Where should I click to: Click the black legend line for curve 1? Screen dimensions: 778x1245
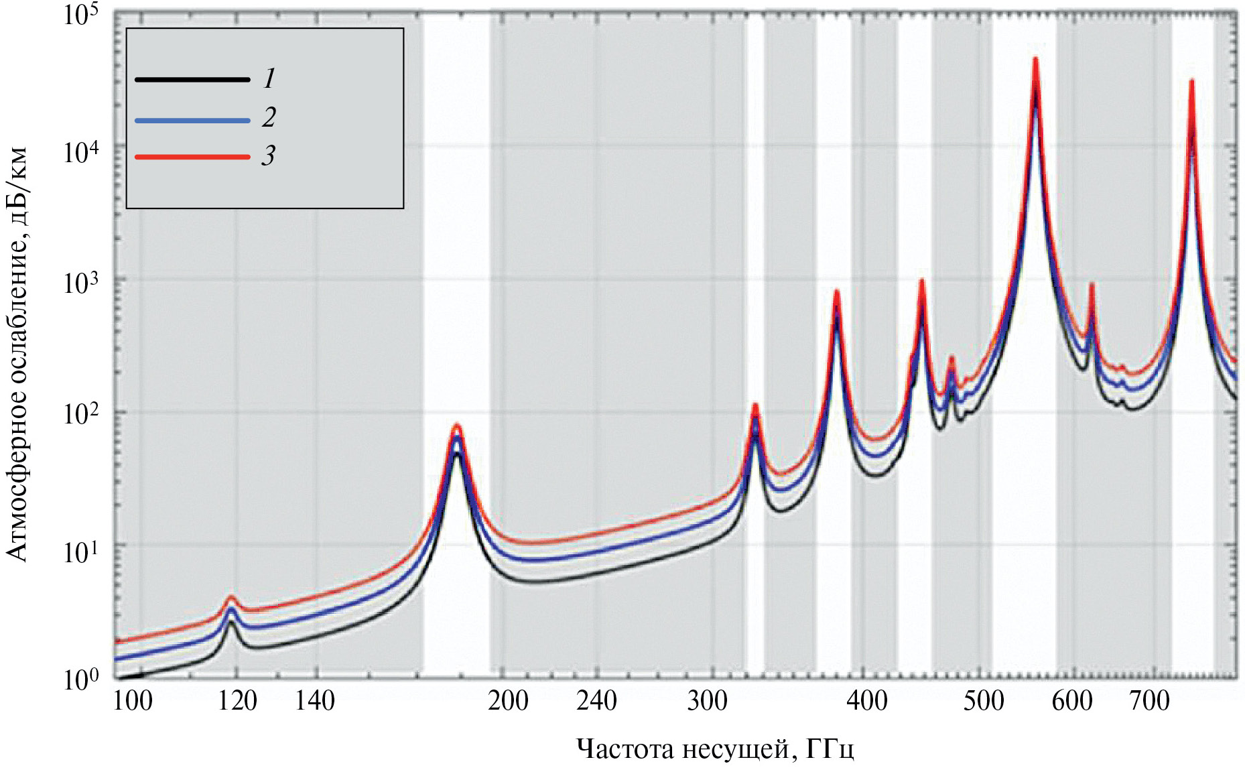[192, 80]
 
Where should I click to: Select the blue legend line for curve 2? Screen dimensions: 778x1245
[192, 121]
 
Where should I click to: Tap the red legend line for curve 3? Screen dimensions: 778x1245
[192, 157]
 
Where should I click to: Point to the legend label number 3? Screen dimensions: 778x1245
[268, 155]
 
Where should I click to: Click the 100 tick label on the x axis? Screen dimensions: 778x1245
[133, 701]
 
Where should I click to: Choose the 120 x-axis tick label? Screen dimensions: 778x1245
[237, 701]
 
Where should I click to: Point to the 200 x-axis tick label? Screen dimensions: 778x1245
[508, 701]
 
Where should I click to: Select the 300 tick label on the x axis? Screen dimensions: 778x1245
[708, 701]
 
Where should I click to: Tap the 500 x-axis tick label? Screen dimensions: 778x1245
[984, 701]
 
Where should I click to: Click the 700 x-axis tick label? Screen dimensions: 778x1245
[1150, 701]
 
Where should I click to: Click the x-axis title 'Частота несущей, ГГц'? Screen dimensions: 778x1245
[715, 749]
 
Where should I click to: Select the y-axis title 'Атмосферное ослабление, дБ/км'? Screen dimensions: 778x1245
[17, 354]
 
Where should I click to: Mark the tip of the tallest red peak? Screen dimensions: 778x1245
[1035, 60]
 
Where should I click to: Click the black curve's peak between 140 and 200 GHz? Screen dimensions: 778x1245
[457, 454]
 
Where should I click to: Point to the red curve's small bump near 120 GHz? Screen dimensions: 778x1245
[231, 596]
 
